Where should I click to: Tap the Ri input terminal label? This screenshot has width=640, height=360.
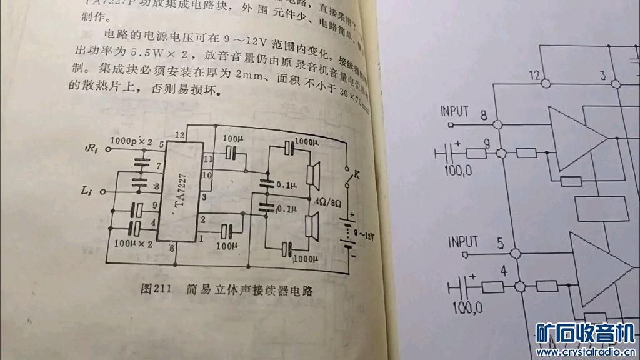[x=91, y=149]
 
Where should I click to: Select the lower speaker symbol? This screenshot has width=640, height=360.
[x=312, y=225]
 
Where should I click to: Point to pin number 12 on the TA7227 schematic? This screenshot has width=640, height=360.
[x=179, y=134]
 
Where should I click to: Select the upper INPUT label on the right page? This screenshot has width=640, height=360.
[x=454, y=111]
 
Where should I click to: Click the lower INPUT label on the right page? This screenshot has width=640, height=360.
[x=463, y=241]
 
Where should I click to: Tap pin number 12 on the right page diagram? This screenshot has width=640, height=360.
[x=533, y=75]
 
